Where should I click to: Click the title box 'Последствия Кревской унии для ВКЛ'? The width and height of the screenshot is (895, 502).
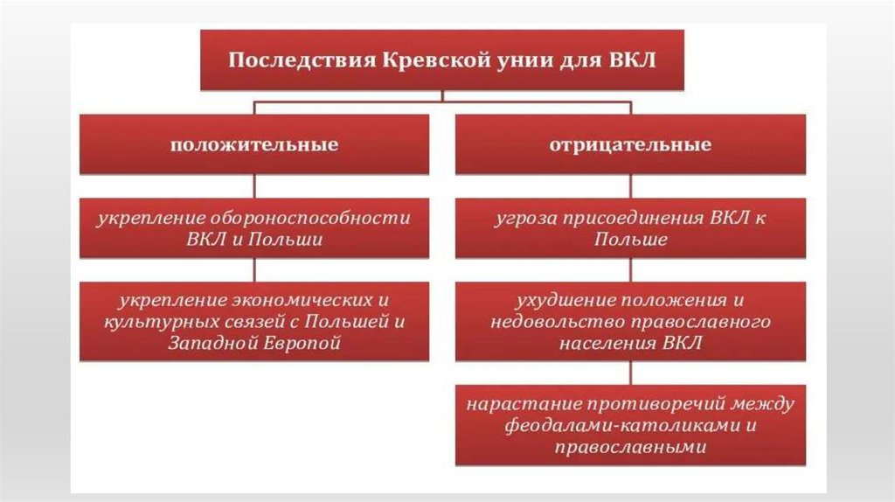coord(441,60)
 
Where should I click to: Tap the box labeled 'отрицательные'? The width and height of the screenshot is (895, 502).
coord(629,144)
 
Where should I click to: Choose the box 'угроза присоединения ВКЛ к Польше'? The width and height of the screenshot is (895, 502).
coord(629,228)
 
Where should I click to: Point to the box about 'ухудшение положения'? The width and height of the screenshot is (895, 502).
coord(629,321)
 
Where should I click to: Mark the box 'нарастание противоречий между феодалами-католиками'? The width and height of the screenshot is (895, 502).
coord(629,425)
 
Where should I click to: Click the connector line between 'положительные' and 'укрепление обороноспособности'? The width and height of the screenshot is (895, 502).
coord(254,185)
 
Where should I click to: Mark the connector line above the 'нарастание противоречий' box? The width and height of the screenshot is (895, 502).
coord(629,373)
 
